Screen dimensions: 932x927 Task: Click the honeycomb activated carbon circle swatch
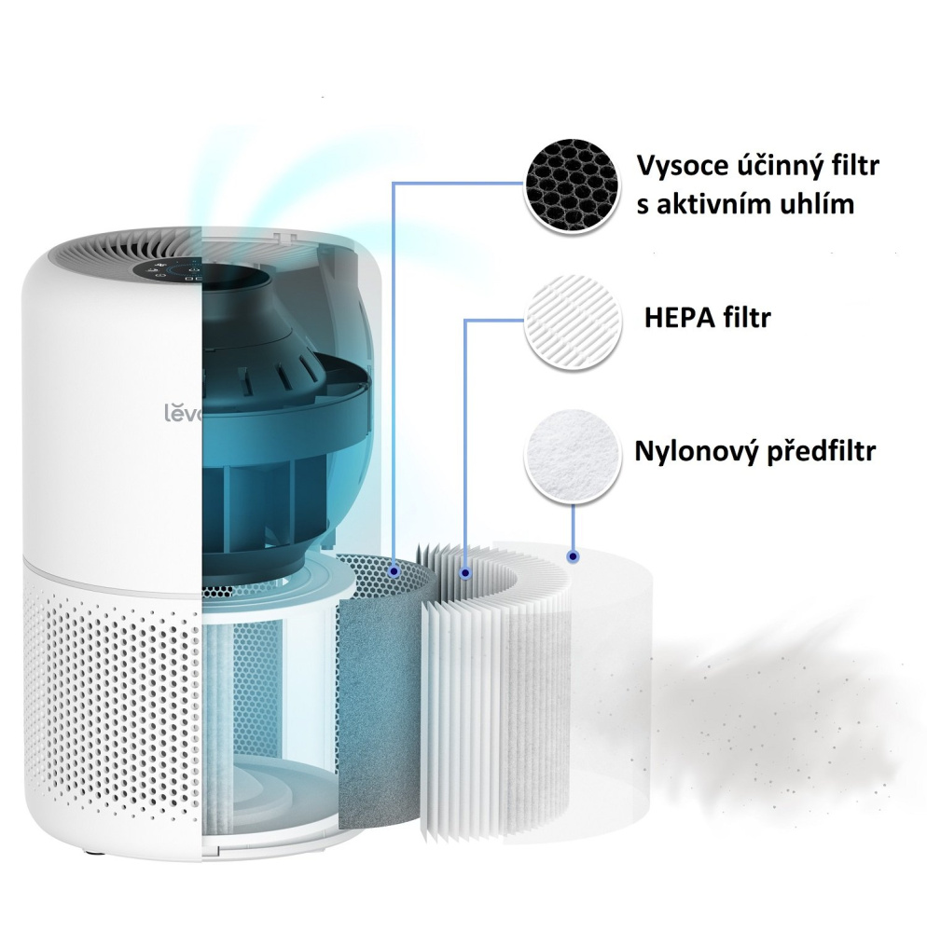coord(572,185)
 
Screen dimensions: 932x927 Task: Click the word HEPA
coord(678,319)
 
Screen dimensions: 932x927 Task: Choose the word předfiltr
coord(821,452)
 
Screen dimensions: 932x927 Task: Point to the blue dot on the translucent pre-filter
coord(572,556)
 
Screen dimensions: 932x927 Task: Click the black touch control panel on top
coord(177,270)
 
